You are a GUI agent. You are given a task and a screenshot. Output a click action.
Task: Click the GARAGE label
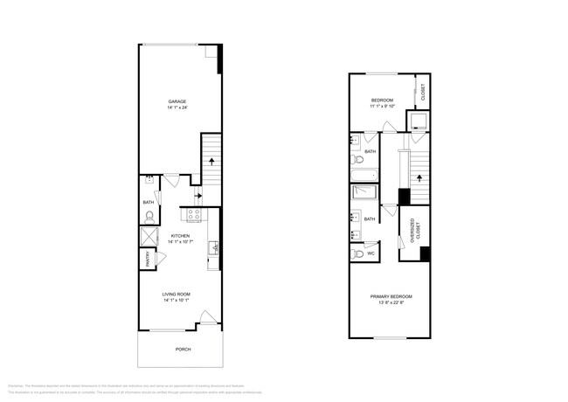click(177, 101)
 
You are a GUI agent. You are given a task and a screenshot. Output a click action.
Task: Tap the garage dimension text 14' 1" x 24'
click(177, 108)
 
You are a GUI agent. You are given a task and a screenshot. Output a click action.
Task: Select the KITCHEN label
click(180, 236)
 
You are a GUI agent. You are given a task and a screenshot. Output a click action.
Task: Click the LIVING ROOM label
click(177, 294)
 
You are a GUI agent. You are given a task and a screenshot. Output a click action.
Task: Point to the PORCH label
click(183, 349)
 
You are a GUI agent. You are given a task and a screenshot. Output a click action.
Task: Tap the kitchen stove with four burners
click(193, 213)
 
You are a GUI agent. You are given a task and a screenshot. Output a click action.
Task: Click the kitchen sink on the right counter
click(214, 249)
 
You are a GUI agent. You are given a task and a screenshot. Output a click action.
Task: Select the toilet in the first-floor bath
click(149, 214)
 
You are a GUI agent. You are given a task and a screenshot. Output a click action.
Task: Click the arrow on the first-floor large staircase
click(211, 163)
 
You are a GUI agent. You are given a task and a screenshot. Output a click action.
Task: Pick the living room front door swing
click(205, 319)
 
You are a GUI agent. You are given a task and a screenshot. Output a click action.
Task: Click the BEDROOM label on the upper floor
click(382, 100)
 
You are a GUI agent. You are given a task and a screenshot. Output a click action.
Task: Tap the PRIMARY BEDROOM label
click(391, 297)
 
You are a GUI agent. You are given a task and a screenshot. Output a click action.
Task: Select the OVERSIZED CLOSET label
click(411, 232)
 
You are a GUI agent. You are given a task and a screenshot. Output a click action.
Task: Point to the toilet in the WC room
click(357, 254)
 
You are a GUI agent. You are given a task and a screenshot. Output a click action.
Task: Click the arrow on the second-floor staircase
click(419, 178)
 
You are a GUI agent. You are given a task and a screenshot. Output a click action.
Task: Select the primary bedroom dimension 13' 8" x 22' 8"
click(391, 304)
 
